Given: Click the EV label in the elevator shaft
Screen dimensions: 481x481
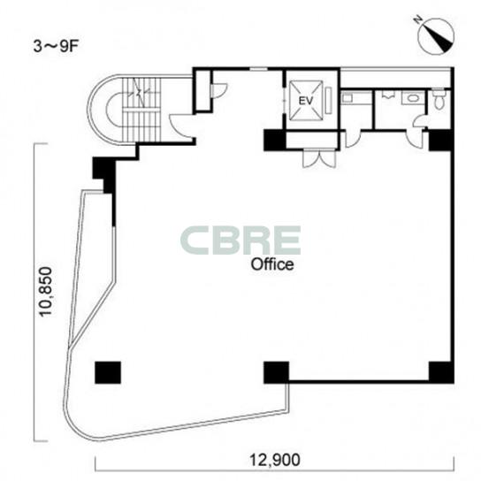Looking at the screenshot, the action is click(306, 101).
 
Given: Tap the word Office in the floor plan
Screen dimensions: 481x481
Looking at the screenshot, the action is click(272, 264).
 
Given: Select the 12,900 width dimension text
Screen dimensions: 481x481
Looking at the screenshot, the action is click(274, 460).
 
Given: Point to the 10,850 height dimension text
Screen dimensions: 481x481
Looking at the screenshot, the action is click(47, 292).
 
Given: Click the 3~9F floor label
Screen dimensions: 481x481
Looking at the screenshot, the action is click(56, 47).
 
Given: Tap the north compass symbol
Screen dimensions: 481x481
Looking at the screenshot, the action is click(436, 35).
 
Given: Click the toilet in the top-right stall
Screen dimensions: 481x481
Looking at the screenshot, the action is click(439, 99).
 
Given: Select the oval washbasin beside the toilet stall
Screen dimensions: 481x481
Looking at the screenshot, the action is click(413, 98).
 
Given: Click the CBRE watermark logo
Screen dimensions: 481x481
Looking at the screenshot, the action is click(240, 240).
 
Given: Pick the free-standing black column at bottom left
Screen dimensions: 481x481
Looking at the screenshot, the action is click(108, 372).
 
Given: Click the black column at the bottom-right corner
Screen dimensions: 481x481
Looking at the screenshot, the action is click(441, 372).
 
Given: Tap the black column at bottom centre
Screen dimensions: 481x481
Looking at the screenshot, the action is click(276, 372).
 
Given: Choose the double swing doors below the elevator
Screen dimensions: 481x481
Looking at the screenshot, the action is click(319, 158).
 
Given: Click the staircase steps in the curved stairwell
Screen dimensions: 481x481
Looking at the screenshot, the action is click(141, 111).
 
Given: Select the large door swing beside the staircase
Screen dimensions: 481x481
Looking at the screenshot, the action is click(181, 126).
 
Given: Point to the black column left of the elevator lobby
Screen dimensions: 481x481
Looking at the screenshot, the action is click(275, 141).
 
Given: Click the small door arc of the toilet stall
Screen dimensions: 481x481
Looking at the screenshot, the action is click(419, 120).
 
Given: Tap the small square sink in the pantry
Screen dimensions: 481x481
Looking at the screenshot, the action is click(347, 98).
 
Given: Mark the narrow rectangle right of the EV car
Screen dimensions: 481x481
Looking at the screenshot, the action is click(329, 100).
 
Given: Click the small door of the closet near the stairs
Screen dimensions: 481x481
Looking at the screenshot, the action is click(218, 90).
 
